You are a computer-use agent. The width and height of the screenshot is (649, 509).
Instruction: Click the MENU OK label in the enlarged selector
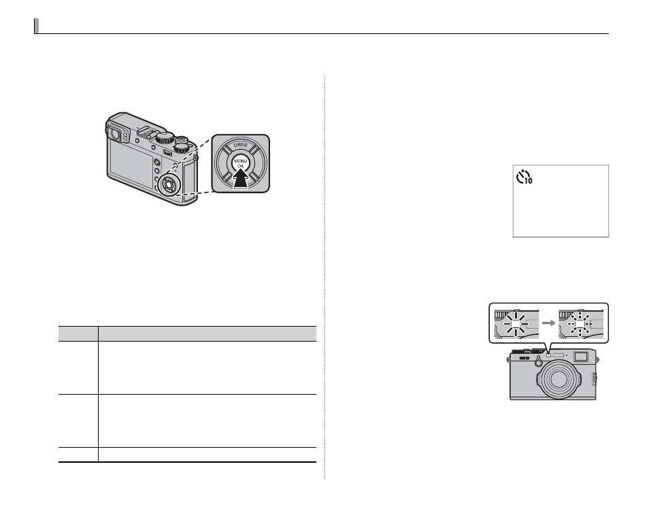[x=240, y=163]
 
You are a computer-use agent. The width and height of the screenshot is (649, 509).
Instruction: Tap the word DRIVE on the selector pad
[x=240, y=146]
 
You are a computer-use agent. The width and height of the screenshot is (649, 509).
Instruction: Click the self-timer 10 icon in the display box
[x=524, y=177]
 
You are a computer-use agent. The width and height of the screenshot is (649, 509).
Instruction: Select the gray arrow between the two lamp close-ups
[x=548, y=323]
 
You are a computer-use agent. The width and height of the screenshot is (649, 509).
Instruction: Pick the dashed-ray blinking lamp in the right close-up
[x=580, y=323]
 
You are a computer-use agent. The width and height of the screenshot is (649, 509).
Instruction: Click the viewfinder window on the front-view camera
[x=581, y=356]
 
